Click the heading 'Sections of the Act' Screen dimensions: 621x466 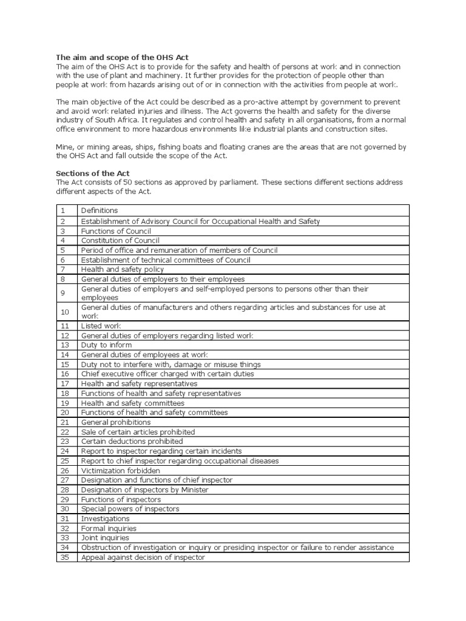click(93, 173)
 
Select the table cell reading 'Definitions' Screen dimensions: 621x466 click(100, 210)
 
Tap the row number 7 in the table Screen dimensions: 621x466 click(62, 269)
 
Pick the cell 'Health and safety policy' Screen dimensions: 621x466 click(123, 269)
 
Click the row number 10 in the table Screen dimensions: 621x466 click(65, 312)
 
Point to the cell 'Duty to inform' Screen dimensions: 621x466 click(106, 345)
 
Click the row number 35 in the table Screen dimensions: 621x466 click(65, 557)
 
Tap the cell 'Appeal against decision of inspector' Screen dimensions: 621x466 click(143, 557)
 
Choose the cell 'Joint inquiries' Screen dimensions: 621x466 click(105, 538)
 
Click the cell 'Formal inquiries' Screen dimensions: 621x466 click(109, 528)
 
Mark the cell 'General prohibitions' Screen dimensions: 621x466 click(116, 422)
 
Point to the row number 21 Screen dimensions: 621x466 click(65, 422)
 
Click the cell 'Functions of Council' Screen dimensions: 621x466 click(116, 231)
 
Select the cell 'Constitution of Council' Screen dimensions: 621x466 click(120, 241)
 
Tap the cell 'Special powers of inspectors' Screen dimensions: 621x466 click(130, 509)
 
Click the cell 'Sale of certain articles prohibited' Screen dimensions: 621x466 click(138, 432)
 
